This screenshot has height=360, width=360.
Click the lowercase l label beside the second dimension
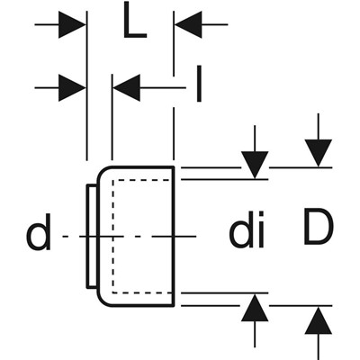click(x=199, y=84)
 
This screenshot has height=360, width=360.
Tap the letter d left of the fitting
click(x=40, y=231)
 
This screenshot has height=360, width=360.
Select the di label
click(x=247, y=229)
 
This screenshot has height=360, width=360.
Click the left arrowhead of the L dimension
click(x=72, y=24)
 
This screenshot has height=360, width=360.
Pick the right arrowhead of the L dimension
click(x=188, y=24)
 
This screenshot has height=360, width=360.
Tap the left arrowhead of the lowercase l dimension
click(x=72, y=88)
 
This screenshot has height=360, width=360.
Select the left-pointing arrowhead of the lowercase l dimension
click(x=126, y=88)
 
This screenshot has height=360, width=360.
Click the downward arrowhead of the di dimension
click(x=255, y=165)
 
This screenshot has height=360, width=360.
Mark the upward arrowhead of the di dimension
click(x=255, y=308)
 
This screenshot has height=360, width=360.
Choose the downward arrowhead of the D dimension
click(x=319, y=153)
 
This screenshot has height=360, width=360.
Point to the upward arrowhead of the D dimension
click(x=319, y=320)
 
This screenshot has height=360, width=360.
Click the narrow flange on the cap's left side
click(x=92, y=237)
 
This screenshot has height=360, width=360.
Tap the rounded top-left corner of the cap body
click(x=103, y=172)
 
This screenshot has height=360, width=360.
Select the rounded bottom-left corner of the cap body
click(x=103, y=301)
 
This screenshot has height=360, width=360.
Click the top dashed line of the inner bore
click(x=142, y=180)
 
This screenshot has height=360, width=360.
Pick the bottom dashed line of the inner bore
click(x=142, y=292)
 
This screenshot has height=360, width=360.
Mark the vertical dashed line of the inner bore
click(x=112, y=237)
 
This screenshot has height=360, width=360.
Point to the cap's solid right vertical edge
click(x=174, y=237)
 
